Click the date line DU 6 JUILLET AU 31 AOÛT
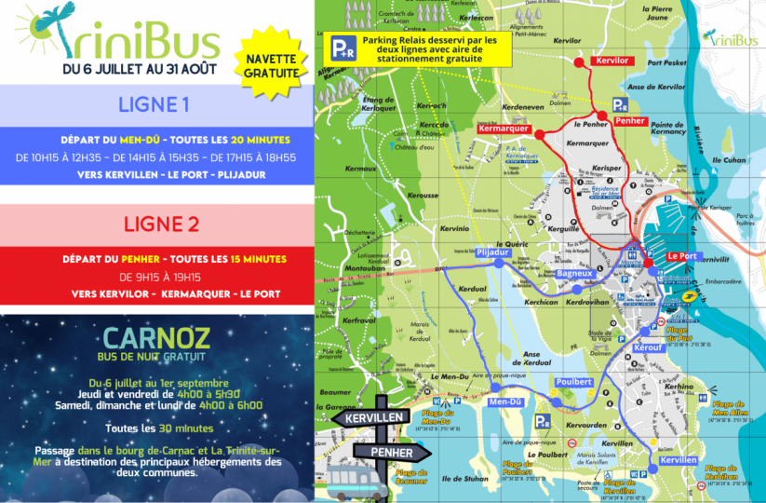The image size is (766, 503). coord(140,68)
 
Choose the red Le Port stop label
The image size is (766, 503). coord(682,255)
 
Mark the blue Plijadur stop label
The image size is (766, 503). coord(492,251)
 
